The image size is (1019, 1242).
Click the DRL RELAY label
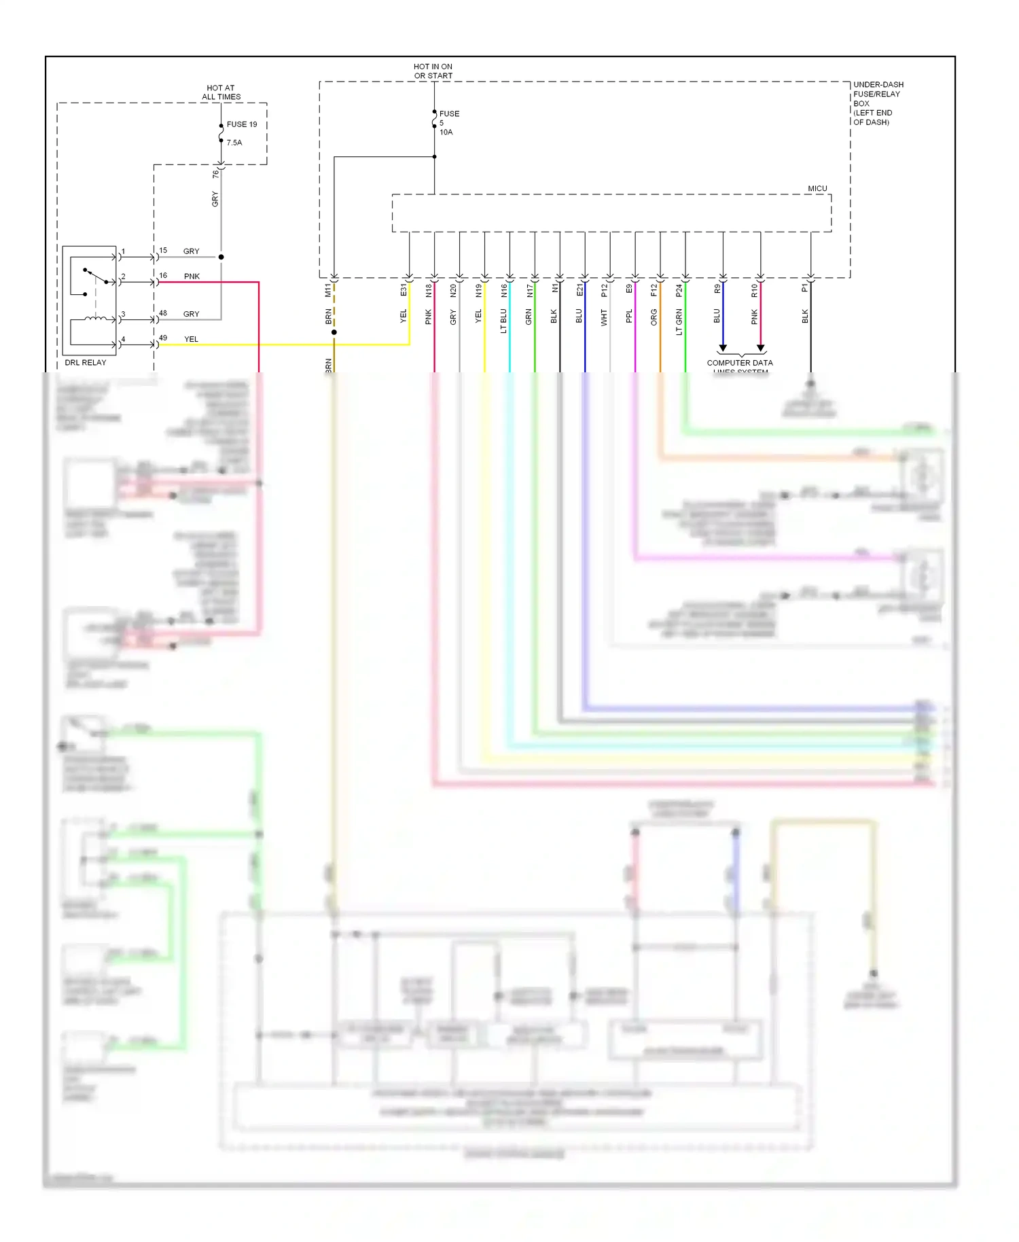(86, 362)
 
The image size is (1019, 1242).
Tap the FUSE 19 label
(242, 124)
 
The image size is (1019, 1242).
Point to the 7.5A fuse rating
(234, 143)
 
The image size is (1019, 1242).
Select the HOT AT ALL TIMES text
(221, 92)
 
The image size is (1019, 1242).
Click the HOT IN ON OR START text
(433, 71)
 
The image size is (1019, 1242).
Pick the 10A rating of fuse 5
(446, 132)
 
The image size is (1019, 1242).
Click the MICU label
(817, 188)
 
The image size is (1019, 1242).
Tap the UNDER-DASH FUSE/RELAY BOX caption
(878, 103)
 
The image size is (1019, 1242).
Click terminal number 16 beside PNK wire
(163, 275)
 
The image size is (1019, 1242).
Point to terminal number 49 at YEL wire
(163, 338)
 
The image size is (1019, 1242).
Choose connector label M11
(328, 291)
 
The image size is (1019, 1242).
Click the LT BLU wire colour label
(503, 321)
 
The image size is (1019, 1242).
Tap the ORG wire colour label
(654, 317)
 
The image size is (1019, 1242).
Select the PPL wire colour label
(629, 316)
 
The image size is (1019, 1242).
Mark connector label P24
(679, 291)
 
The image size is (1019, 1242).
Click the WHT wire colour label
(604, 317)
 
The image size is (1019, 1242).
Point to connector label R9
(717, 289)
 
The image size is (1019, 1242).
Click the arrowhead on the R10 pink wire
(760, 348)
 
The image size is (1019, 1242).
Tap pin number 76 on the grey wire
(215, 174)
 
